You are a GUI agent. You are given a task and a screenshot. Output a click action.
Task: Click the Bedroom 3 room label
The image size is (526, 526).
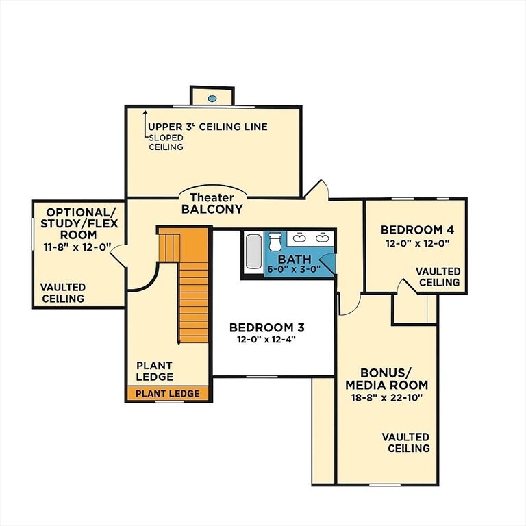click(266, 327)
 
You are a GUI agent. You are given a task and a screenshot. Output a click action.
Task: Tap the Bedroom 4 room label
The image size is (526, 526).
click(417, 230)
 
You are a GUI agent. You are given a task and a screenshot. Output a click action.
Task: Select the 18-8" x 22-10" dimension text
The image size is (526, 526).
click(386, 398)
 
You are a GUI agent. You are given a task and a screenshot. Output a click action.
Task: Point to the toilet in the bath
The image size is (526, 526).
click(275, 241)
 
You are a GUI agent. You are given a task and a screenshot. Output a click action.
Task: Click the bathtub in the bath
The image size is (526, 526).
click(253, 251)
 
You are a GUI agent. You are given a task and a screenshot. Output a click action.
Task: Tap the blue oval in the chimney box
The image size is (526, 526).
click(212, 99)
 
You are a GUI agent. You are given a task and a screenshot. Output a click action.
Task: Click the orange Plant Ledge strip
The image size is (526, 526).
click(168, 393)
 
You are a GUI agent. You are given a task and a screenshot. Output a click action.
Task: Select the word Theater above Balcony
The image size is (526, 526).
click(212, 197)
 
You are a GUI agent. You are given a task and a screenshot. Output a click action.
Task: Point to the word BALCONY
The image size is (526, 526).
click(212, 209)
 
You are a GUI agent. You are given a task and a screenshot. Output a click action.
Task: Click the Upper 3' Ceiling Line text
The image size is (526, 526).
click(208, 127)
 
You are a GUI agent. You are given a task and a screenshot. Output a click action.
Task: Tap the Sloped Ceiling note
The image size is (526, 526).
click(166, 142)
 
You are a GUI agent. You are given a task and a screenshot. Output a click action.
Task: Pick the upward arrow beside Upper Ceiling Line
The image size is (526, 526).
click(145, 124)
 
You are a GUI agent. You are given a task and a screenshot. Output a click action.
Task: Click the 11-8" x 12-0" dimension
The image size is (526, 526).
click(77, 247)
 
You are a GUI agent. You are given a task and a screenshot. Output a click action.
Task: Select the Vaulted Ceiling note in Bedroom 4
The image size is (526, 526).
click(438, 277)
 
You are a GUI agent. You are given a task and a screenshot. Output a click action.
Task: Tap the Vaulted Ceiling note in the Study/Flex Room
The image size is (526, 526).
click(63, 293)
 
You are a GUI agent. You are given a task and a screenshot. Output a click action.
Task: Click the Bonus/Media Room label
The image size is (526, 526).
click(387, 379)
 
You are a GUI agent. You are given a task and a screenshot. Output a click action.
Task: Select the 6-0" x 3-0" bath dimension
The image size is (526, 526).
click(294, 269)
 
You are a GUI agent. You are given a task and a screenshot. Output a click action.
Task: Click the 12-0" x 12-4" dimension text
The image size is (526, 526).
click(266, 340)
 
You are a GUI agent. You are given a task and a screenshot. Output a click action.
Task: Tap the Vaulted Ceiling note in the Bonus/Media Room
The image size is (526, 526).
click(406, 442)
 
